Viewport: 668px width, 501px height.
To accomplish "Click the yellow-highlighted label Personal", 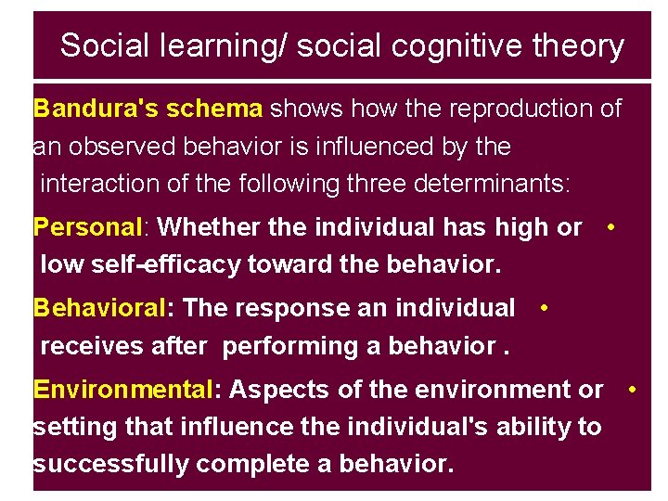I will [84, 227].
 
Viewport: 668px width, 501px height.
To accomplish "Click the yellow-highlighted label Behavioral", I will [98, 308].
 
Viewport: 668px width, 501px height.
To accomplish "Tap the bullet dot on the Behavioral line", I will [542, 306].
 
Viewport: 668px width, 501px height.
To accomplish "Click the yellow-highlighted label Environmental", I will [122, 390].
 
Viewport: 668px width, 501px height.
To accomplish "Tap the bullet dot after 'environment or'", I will [631, 388].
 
